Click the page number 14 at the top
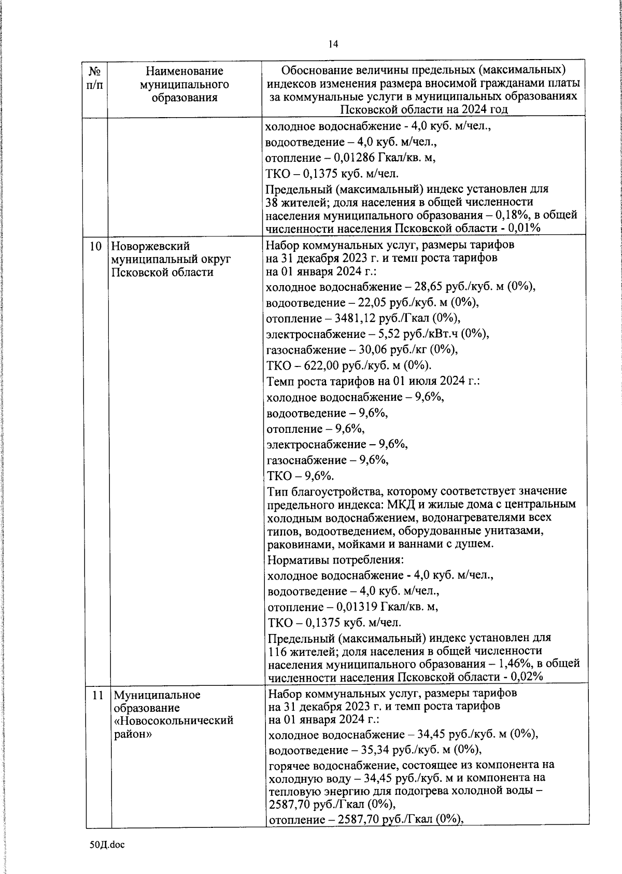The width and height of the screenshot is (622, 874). tap(333, 44)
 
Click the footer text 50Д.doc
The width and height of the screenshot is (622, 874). tap(107, 844)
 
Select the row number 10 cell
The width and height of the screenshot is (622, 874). tap(95, 246)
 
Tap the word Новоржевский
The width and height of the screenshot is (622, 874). tap(151, 246)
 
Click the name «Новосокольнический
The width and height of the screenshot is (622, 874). tap(174, 721)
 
